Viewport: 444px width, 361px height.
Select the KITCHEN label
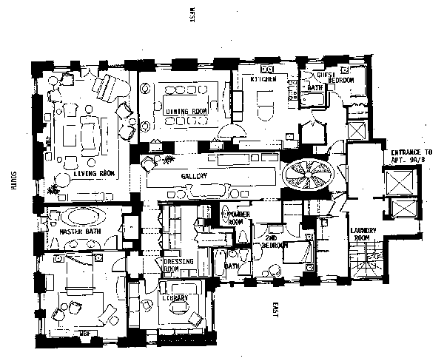[263, 79]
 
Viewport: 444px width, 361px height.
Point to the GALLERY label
[192, 175]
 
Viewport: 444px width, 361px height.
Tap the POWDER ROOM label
[235, 217]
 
